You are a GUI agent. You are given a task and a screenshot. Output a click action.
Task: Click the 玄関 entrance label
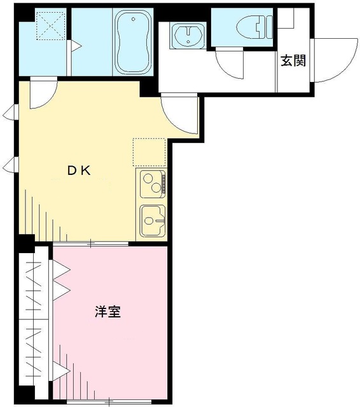coord(293,61)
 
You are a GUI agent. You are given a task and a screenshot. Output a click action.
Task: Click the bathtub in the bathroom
coord(132,41)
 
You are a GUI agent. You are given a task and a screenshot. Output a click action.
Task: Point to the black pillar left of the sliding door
coord(25,242)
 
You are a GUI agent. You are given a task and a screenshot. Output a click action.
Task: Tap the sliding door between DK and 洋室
coord(95,244)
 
